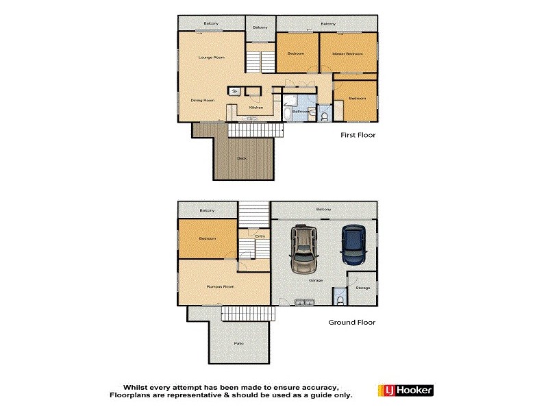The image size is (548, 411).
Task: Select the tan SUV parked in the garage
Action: click(x=303, y=249)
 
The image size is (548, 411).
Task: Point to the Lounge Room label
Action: click(x=212, y=57)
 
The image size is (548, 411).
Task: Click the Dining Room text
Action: click(x=203, y=101)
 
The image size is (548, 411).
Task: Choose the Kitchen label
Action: click(x=256, y=108)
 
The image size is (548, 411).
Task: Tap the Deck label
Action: click(x=241, y=158)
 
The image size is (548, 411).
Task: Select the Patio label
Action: click(x=238, y=343)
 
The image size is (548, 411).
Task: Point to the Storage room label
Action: click(x=363, y=288)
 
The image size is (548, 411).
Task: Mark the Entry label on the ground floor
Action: click(x=260, y=236)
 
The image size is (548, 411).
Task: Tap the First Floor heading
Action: click(x=358, y=135)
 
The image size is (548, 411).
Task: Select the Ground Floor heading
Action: click(x=352, y=322)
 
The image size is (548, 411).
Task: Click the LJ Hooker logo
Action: click(x=406, y=390)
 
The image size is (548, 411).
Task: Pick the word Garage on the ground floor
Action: click(x=316, y=280)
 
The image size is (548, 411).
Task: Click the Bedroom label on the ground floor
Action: click(x=207, y=238)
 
